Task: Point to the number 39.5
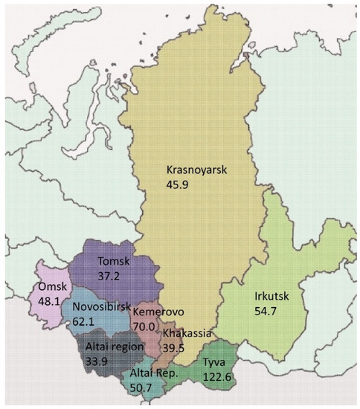pyautogui.click(x=176, y=344)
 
